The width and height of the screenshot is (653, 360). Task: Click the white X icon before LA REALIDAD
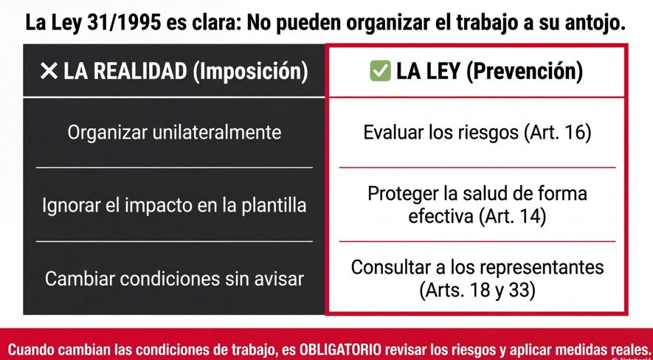tap(49, 71)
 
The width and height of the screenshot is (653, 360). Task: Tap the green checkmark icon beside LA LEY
tap(380, 71)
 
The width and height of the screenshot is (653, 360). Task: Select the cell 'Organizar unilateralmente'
tap(174, 133)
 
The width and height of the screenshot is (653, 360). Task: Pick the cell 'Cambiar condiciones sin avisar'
tap(174, 278)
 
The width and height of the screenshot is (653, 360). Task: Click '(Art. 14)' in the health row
tap(512, 217)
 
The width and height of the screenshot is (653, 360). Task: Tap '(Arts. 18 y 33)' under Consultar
tap(477, 291)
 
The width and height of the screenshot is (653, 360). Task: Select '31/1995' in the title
tap(125, 24)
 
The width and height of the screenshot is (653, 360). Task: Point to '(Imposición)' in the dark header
tap(250, 72)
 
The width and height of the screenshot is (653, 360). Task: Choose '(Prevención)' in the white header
tap(525, 72)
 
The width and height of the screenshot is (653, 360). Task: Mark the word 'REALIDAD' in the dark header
tap(140, 72)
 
